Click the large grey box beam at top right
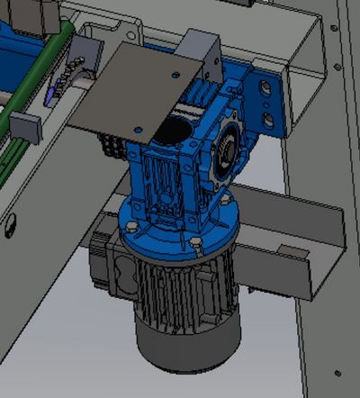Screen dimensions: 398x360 297,45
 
